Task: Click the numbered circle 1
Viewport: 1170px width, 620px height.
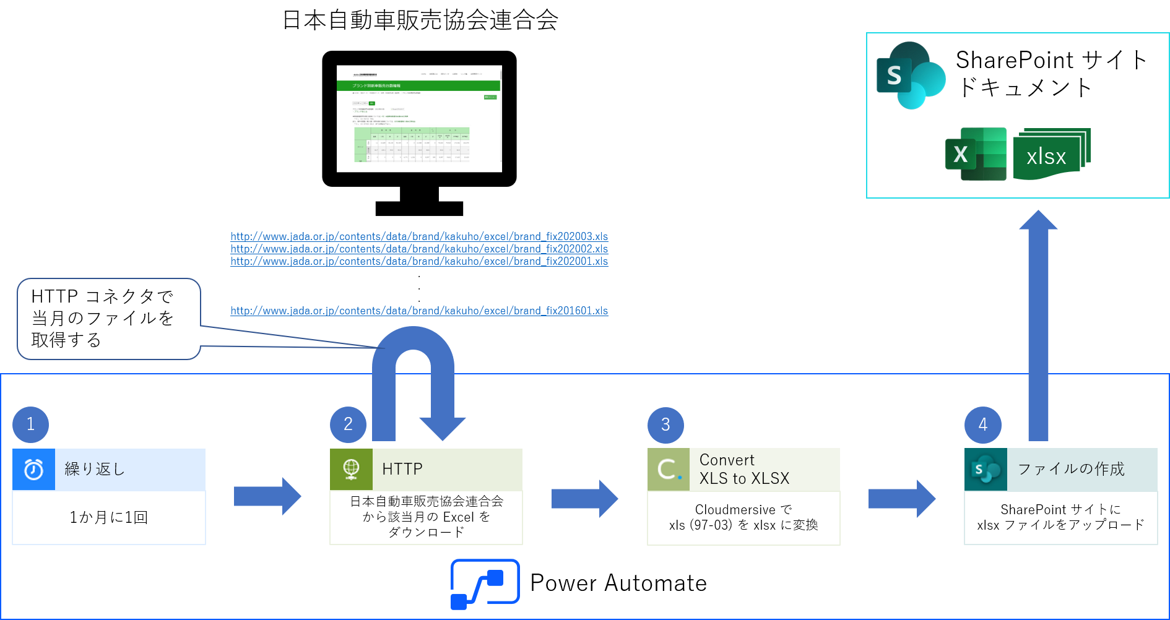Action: pyautogui.click(x=30, y=424)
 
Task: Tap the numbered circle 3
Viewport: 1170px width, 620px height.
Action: pyautogui.click(x=665, y=424)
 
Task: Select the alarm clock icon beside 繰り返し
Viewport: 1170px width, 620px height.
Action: pyautogui.click(x=33, y=470)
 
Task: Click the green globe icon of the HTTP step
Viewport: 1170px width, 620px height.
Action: pyautogui.click(x=351, y=469)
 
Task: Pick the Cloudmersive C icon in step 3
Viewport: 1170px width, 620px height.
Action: pyautogui.click(x=669, y=470)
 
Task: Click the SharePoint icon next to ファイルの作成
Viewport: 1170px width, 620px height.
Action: pyautogui.click(x=986, y=470)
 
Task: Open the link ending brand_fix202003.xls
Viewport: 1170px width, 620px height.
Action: pyautogui.click(x=419, y=236)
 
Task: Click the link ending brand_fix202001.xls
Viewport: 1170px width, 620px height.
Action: pyautogui.click(x=419, y=261)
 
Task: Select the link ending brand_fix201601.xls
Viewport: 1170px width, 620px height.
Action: pyautogui.click(x=419, y=311)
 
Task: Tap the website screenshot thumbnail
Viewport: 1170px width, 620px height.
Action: pyautogui.click(x=419, y=116)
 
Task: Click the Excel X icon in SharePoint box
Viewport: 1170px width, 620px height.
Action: pyautogui.click(x=975, y=154)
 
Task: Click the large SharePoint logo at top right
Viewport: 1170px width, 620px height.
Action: pyautogui.click(x=910, y=75)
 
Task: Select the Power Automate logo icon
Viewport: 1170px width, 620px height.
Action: pyautogui.click(x=485, y=583)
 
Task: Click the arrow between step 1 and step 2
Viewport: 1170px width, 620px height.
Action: pyautogui.click(x=267, y=496)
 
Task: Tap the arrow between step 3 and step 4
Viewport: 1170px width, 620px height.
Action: pyautogui.click(x=901, y=498)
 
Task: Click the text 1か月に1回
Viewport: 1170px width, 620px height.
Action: pyautogui.click(x=108, y=517)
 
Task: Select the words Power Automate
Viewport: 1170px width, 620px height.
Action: pyautogui.click(x=618, y=583)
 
